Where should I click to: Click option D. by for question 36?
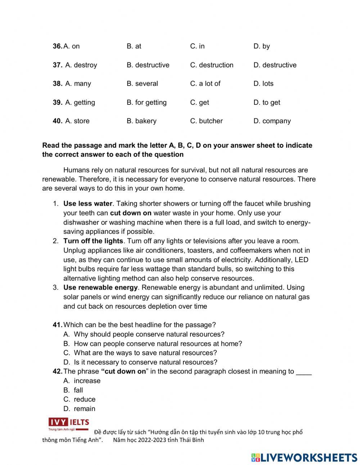click(261, 46)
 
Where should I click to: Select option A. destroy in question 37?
click(81, 65)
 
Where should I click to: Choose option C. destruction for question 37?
click(212, 65)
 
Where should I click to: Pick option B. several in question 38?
click(142, 84)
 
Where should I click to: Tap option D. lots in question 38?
click(263, 84)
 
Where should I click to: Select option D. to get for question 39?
click(266, 102)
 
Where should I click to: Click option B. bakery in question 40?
click(141, 121)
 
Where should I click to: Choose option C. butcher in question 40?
click(206, 121)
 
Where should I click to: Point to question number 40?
click(57, 121)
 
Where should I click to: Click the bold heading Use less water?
click(88, 204)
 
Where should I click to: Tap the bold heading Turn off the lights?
click(93, 241)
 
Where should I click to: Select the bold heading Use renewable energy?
click(100, 287)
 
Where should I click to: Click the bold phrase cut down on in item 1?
click(131, 213)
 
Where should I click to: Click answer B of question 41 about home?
click(157, 344)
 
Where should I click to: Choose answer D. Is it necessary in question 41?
click(145, 362)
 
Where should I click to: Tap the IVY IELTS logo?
click(69, 424)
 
